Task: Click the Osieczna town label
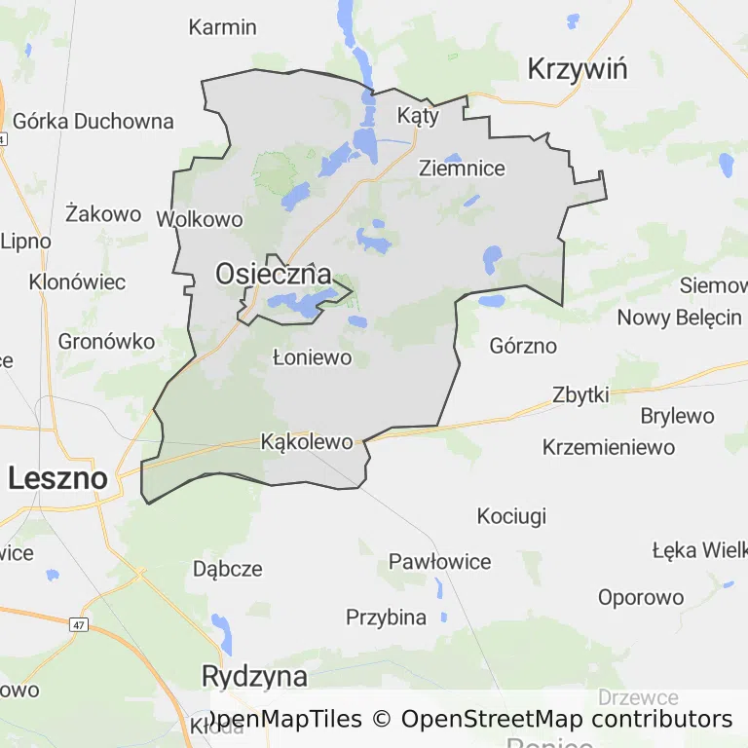pos(273,275)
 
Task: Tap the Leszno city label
pos(57,478)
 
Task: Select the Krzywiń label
pos(577,69)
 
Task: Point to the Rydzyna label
pos(254,676)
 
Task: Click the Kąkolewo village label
pos(307,442)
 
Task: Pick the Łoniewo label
pos(312,357)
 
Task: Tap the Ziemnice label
pos(462,168)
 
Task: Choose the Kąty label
pos(418,115)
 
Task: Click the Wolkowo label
pos(200,219)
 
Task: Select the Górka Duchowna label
pos(93,122)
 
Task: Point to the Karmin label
pos(222,26)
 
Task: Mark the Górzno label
pos(523,346)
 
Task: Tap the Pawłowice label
pos(439,561)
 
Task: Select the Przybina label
pos(386,617)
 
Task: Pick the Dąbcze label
pos(228,569)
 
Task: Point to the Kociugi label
pos(511,516)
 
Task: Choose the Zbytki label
pos(580,394)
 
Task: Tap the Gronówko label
pos(107,342)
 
